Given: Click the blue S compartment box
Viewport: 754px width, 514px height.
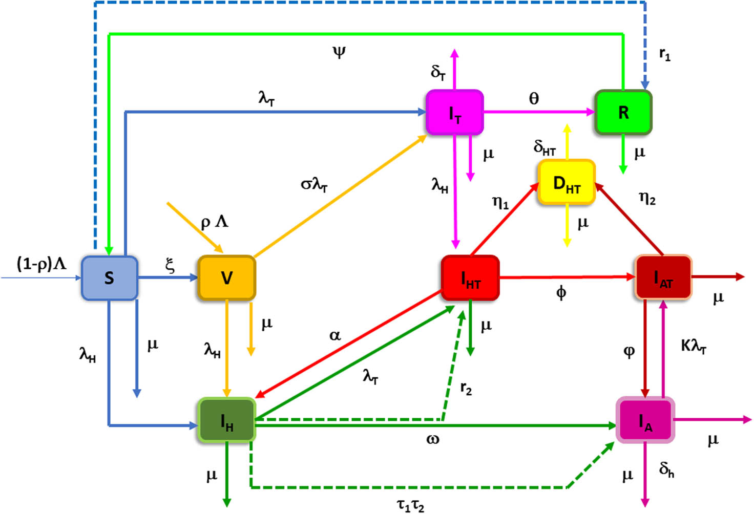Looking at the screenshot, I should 109,277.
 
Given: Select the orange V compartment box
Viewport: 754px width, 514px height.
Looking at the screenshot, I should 226,277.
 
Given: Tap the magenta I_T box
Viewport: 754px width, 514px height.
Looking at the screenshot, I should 454,113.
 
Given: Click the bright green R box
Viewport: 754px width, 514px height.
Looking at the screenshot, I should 623,113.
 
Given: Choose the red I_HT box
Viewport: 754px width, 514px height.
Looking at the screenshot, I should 470,278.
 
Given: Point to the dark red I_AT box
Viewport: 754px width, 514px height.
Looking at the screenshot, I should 663,277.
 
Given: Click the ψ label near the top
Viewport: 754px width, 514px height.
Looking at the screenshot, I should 339,52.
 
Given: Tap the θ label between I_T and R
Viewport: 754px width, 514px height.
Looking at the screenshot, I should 534,98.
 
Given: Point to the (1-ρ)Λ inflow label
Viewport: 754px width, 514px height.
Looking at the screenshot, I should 41,264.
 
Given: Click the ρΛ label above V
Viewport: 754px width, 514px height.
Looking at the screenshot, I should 214,222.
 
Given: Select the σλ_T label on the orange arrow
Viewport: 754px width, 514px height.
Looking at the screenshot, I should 313,184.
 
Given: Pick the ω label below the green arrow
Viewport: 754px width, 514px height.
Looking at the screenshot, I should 432,439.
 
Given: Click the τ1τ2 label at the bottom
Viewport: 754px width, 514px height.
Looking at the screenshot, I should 410,505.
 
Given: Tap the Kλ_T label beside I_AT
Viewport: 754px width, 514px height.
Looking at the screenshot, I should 694,347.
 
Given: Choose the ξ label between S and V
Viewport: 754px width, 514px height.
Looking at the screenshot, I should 170,265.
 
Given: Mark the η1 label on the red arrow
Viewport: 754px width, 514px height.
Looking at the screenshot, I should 500,203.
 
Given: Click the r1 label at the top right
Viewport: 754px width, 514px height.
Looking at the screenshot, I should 665,54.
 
